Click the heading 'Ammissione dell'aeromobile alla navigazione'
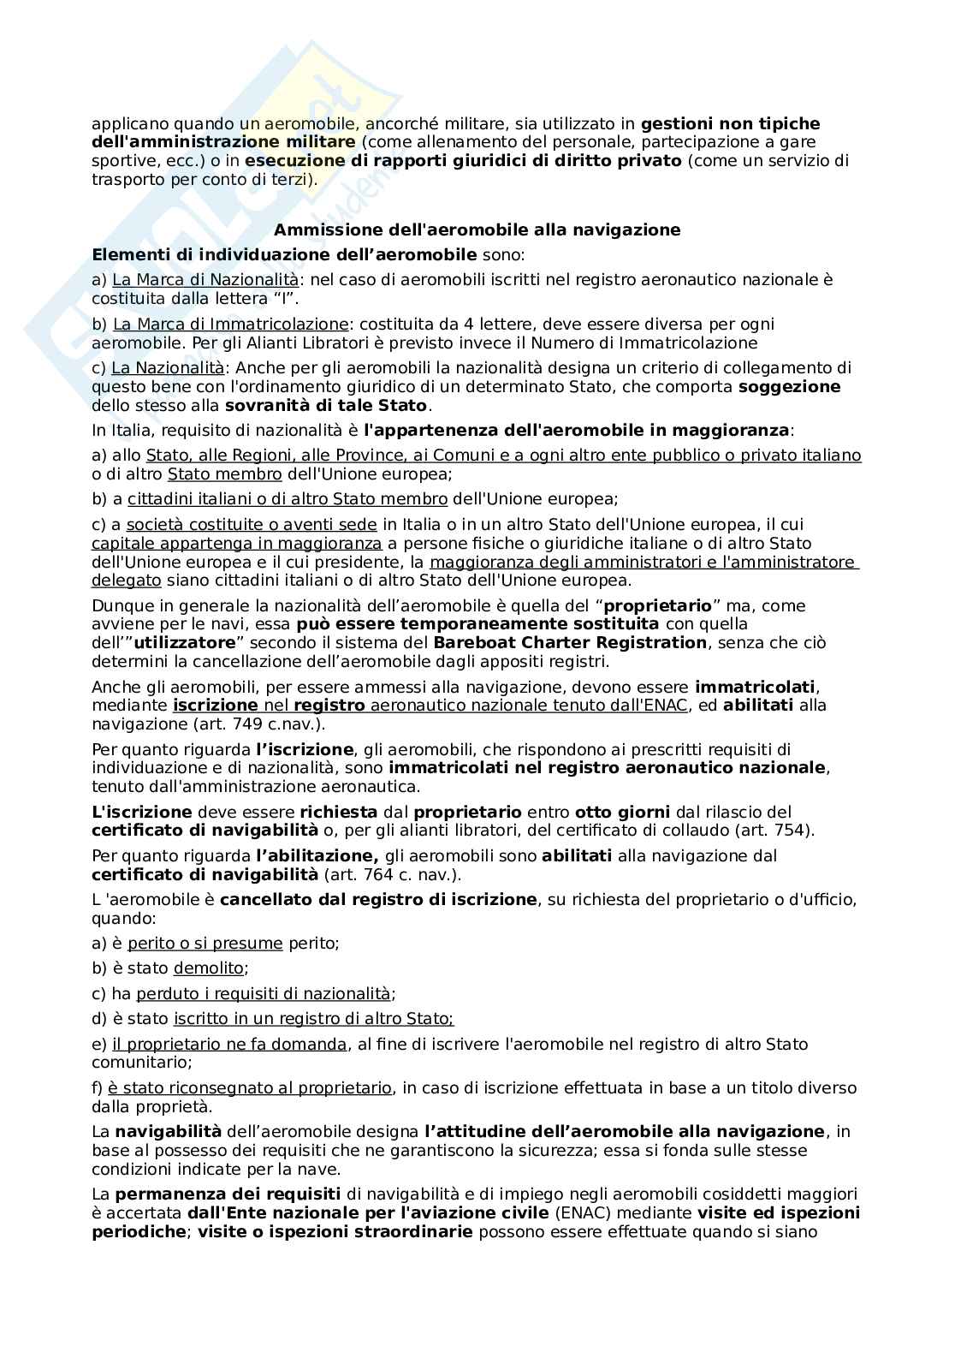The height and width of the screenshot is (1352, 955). pos(477,229)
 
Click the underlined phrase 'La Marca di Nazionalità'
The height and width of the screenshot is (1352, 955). pos(205,280)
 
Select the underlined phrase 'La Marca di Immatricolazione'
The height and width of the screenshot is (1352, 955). pos(230,325)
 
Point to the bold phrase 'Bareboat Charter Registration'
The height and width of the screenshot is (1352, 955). pos(571,643)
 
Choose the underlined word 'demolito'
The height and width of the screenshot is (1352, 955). pos(209,968)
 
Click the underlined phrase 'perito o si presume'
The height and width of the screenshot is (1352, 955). pos(205,944)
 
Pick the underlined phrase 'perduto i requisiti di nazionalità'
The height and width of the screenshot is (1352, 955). pos(263,994)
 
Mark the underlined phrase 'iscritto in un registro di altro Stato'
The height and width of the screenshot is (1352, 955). pos(312,1019)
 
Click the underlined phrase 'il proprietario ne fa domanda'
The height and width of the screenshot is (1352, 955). pos(229,1045)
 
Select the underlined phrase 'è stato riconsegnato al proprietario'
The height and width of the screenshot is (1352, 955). pos(249,1088)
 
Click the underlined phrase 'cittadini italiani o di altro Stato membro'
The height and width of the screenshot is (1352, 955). pos(288,499)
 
